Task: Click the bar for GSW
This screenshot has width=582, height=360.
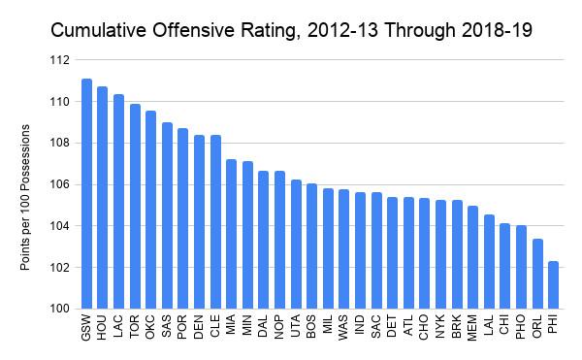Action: pos(86,194)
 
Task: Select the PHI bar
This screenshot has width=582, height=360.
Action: pos(553,285)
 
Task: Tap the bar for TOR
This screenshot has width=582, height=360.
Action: pos(135,207)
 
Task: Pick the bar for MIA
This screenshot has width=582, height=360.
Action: pos(231,234)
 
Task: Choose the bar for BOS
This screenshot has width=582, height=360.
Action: pos(311,246)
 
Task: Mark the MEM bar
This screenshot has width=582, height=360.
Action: pos(472,257)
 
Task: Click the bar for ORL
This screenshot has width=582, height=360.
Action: pos(537,274)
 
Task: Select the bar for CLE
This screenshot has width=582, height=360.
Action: pos(215,222)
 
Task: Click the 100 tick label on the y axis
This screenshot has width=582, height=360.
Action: pos(60,309)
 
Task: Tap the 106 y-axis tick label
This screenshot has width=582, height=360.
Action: pos(60,184)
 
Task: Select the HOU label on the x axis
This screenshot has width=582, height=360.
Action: pos(102,327)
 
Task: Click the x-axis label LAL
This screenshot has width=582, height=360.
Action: pos(489,325)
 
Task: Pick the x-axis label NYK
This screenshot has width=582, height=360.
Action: pos(440,327)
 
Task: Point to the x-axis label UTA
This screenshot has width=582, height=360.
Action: pos(296,326)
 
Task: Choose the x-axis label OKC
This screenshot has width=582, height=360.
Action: pos(150,327)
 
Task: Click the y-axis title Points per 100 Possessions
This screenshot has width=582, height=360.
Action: pos(25,197)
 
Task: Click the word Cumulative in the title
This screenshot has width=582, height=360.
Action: pos(99,30)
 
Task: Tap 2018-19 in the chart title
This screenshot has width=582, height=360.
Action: pos(497,30)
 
